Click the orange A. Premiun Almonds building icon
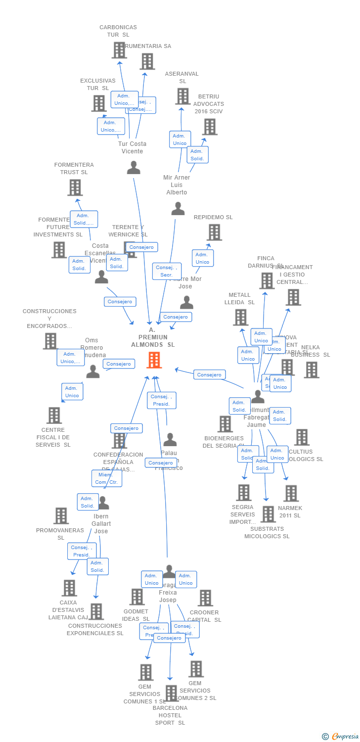(154, 360)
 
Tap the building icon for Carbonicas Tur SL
(119, 50)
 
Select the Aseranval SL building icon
(182, 96)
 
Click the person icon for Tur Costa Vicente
(134, 168)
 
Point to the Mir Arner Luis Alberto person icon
(178, 209)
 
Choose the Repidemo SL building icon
(214, 232)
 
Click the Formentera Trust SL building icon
(75, 187)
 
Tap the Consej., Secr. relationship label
(166, 271)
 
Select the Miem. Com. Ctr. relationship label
(106, 478)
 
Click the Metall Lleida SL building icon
(241, 317)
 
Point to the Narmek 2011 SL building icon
(291, 493)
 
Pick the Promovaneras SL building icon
(61, 516)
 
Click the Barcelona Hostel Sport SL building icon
(171, 694)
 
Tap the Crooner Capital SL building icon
(205, 598)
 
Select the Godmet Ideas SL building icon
(137, 597)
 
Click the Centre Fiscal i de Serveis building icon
(54, 416)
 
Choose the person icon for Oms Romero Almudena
(93, 371)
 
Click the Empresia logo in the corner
(341, 737)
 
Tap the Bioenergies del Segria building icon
(225, 424)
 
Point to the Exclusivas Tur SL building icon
(99, 103)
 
